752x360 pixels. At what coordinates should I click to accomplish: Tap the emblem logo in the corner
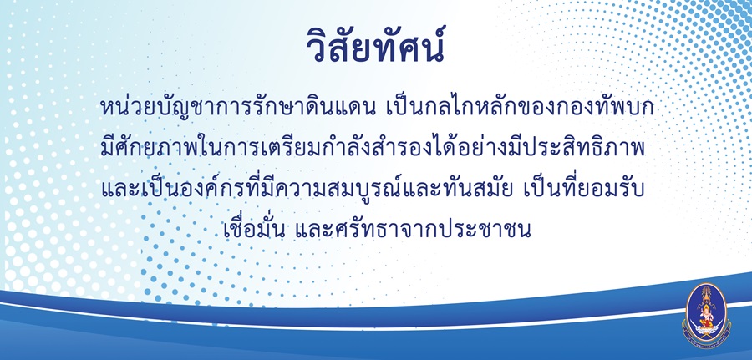706,315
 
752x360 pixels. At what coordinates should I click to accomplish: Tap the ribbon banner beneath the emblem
706,337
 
